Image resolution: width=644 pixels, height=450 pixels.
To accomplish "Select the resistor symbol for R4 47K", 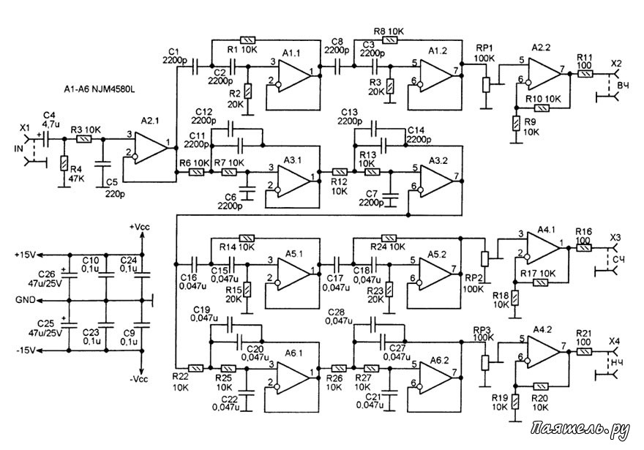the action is (x=64, y=163).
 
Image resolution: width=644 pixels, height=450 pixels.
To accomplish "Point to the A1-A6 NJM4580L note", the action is (x=99, y=89).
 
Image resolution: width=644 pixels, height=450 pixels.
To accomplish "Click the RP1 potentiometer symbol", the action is (x=486, y=85).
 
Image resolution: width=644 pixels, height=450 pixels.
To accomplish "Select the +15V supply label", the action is (x=25, y=255).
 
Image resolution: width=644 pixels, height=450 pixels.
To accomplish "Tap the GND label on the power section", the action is (x=25, y=300).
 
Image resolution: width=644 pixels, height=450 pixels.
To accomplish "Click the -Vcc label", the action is (x=139, y=379).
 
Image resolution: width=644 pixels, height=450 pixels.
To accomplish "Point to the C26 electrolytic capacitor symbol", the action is (x=69, y=277).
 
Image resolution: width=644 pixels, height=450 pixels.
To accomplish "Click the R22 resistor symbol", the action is (x=196, y=368).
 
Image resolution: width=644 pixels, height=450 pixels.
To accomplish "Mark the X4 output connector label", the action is (x=615, y=341).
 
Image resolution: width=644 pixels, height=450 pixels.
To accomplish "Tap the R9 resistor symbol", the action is (x=515, y=124).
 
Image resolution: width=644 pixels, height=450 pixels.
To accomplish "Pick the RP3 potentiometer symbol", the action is (x=485, y=363).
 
